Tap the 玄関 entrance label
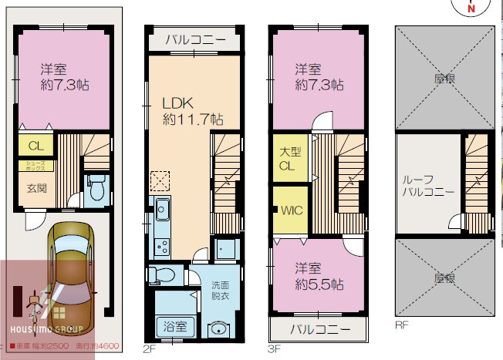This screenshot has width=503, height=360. [38, 187]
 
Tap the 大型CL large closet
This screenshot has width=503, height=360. [289, 160]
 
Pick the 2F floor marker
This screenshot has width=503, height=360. [150, 348]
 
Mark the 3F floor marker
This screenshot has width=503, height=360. [275, 348]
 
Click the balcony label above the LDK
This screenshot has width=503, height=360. [193, 40]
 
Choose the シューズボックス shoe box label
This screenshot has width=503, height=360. [37, 165]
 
